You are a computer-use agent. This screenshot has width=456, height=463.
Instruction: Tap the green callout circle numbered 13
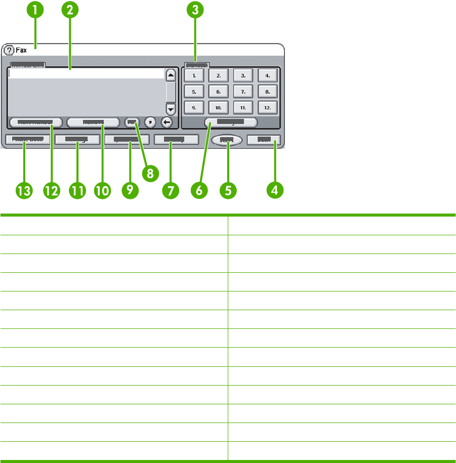[24, 190]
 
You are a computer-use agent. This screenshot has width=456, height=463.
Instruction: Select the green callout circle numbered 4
[275, 190]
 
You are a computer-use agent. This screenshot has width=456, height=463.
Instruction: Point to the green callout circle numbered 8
[149, 172]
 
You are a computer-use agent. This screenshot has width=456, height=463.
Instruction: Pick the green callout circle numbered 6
[199, 190]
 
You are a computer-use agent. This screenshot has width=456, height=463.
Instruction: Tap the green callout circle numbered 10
[103, 190]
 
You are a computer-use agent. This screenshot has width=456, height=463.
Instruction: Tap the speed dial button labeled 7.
[243, 92]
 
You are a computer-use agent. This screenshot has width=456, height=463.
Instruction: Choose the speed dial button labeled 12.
[267, 108]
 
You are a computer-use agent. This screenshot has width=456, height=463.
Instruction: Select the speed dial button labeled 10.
[218, 108]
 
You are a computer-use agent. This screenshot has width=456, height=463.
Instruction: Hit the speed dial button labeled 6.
[218, 92]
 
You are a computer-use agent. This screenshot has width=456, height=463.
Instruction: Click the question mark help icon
[9, 51]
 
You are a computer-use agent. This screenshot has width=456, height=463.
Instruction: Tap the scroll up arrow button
[171, 75]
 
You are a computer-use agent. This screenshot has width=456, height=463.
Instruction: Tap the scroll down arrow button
[171, 108]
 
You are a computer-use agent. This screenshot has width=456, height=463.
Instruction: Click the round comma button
[150, 122]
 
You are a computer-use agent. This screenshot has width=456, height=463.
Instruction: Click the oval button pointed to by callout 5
[227, 140]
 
